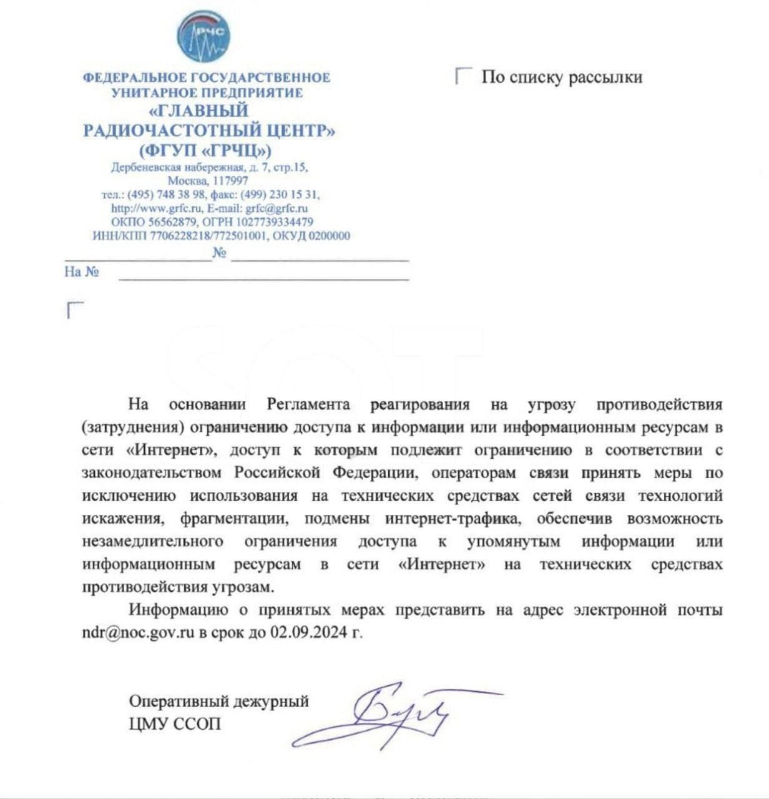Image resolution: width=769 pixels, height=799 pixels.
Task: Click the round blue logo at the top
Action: click(203, 37)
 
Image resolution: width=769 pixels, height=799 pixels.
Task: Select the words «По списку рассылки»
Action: click(562, 77)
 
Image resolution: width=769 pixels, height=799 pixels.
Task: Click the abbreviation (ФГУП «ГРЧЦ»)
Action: click(206, 150)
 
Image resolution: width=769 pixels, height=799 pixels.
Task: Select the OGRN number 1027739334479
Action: click(275, 222)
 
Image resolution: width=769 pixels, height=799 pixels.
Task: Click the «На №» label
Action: click(82, 272)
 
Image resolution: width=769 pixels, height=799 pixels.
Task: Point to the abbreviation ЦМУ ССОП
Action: click(175, 724)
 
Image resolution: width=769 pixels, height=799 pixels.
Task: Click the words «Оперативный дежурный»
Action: click(218, 701)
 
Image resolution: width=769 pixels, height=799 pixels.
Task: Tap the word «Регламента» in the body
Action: click(308, 404)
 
